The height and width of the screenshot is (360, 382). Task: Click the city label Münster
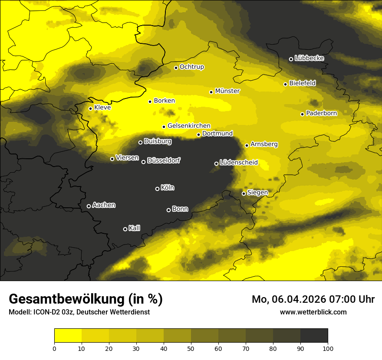click(x=227, y=91)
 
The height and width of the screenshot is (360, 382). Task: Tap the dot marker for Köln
click(x=157, y=189)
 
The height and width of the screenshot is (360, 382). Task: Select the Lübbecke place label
click(x=309, y=58)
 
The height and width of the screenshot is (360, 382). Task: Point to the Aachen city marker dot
click(x=89, y=206)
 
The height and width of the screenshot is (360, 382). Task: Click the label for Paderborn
click(x=321, y=113)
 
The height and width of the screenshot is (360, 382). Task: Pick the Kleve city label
click(x=102, y=108)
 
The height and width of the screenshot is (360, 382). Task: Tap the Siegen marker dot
click(x=244, y=193)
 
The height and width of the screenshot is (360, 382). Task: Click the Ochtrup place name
click(x=191, y=67)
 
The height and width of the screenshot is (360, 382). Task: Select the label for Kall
click(x=134, y=228)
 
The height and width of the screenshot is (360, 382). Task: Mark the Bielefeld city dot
click(x=285, y=84)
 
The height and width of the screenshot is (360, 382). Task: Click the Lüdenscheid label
click(x=239, y=163)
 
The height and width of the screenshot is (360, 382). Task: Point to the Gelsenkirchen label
click(x=189, y=126)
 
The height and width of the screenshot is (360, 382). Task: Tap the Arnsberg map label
click(x=264, y=144)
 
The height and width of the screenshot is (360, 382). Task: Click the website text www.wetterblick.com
click(x=313, y=312)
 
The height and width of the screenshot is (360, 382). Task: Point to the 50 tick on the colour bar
click(x=191, y=348)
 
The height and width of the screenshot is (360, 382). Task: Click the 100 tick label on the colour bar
click(x=328, y=348)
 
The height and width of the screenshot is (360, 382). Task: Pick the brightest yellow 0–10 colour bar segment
click(x=68, y=336)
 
